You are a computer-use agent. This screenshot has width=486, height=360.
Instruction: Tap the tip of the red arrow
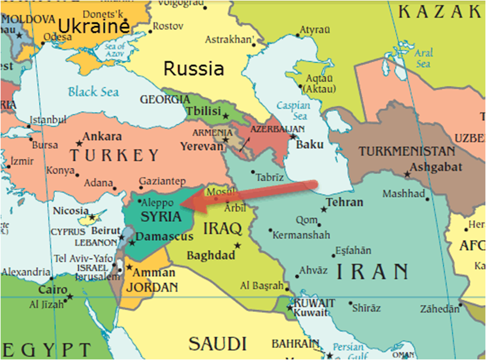coord(181,206)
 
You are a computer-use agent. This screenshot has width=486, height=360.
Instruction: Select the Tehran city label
coord(344,202)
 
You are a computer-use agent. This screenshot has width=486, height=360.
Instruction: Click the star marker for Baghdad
coord(238,245)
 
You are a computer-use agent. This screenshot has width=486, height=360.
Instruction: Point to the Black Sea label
coord(93,92)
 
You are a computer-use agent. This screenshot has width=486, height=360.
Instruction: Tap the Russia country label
coord(194,69)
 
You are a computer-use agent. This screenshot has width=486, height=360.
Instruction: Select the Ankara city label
coord(102,137)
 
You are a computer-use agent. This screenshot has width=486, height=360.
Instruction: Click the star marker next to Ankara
coord(79,144)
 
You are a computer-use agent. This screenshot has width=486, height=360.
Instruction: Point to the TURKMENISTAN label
coord(407,151)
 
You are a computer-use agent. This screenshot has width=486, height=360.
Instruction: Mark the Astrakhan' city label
coord(227,40)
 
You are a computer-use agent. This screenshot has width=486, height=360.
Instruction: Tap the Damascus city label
coord(164,237)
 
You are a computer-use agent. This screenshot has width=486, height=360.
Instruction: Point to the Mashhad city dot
coord(427,199)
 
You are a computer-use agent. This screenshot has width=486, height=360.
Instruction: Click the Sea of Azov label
coord(115,51)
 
